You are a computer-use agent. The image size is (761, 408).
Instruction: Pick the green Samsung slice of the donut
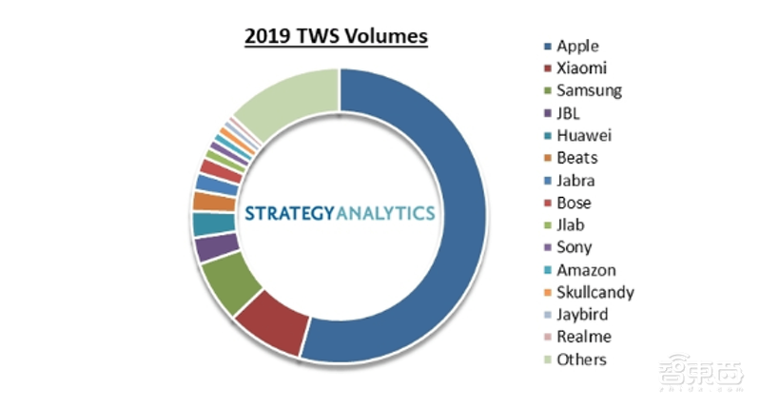coord(226,283)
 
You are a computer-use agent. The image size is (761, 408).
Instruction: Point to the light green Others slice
coord(285,106)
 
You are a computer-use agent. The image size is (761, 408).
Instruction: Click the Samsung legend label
coord(589,90)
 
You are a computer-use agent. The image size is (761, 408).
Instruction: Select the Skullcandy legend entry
coord(595,292)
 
